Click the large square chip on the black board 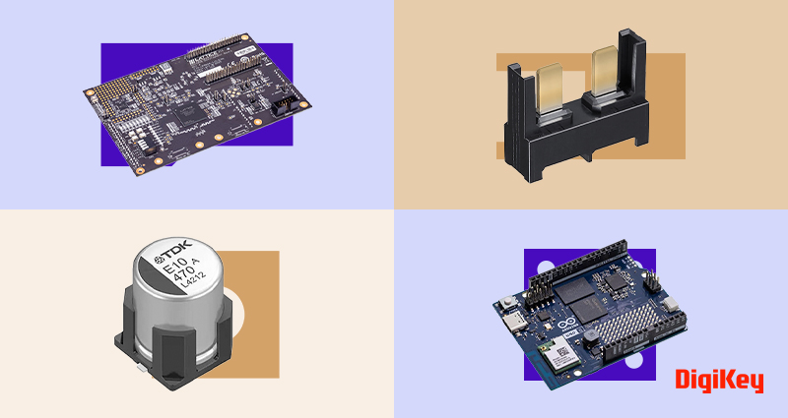point(185,111)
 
